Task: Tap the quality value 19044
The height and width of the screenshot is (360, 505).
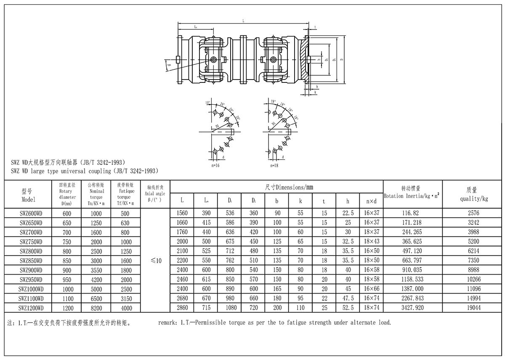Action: click(x=473, y=308)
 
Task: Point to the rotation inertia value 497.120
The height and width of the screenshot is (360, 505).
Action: click(x=413, y=251)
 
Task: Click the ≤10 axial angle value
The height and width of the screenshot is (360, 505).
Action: click(x=156, y=261)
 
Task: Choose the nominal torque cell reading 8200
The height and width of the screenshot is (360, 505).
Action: click(x=96, y=308)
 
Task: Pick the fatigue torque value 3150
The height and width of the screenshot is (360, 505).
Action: click(x=125, y=299)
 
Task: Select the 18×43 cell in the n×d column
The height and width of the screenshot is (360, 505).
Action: click(x=372, y=242)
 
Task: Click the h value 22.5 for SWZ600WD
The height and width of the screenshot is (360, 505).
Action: click(x=348, y=213)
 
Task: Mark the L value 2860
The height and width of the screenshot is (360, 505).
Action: click(x=182, y=308)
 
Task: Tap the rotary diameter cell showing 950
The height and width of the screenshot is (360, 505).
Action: click(x=67, y=280)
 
